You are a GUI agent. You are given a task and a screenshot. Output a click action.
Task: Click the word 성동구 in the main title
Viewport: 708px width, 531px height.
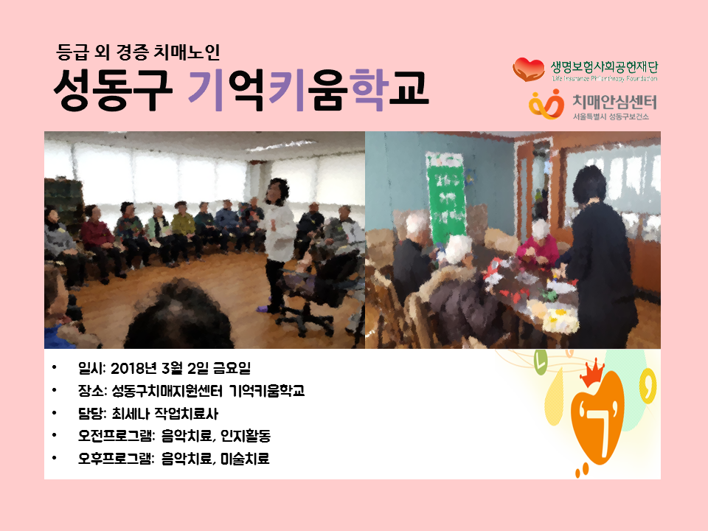(x=113, y=90)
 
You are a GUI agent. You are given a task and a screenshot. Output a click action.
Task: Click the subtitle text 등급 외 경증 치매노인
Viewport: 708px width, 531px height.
(x=138, y=52)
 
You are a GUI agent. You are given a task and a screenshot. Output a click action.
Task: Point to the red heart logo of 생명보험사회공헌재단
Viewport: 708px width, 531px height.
(x=528, y=69)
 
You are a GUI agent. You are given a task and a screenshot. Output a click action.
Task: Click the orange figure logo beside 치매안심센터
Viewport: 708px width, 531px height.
(x=546, y=104)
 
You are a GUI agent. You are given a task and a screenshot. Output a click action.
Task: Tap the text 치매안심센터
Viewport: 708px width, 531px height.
(x=614, y=102)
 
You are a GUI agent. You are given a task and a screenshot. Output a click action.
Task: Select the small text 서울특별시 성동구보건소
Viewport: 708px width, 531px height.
(x=611, y=117)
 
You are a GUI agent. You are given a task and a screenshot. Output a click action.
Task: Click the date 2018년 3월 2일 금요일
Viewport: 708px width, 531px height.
(x=181, y=369)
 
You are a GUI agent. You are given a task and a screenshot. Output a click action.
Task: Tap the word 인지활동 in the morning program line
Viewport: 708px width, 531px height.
(x=246, y=436)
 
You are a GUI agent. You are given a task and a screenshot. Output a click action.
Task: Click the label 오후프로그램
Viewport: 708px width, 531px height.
(x=116, y=459)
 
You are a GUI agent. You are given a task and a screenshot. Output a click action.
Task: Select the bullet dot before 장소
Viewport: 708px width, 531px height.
(x=54, y=390)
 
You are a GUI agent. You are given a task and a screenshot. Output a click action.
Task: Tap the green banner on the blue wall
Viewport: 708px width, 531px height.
(x=446, y=198)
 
